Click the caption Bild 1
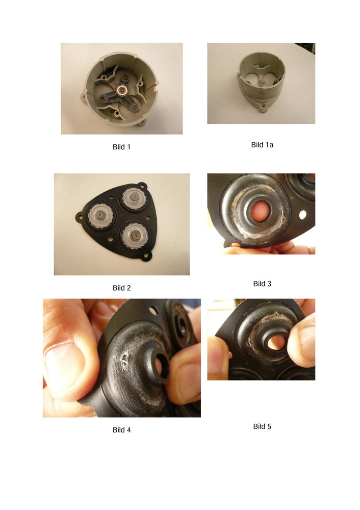pos(121,147)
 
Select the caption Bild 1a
pos(262,145)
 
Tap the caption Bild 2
pos(122,288)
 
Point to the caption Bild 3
pos(262,284)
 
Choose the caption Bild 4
pos(122,429)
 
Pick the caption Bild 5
pos(262,426)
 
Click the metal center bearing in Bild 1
pos(121,90)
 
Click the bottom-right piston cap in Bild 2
pos(134,236)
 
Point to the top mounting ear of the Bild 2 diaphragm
pos(142,186)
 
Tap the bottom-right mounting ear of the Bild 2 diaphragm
pos(148,257)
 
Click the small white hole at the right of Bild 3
pos(302,215)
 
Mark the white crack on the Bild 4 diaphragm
pos(123,359)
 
